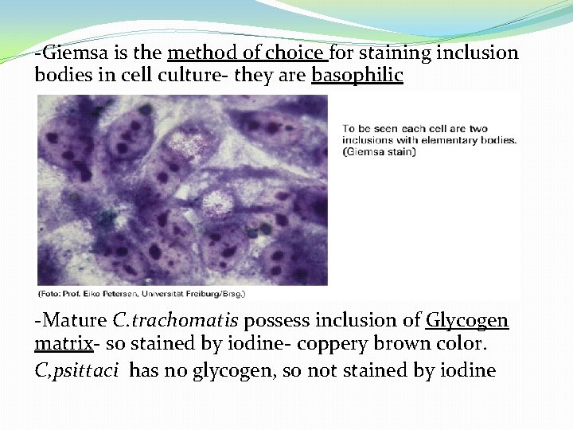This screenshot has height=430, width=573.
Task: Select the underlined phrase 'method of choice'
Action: [245, 53]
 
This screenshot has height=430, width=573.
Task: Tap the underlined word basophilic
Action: [357, 76]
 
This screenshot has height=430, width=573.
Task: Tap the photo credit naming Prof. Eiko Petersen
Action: [142, 294]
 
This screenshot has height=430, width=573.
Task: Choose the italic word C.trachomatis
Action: [176, 321]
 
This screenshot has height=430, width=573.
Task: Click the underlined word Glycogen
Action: [466, 321]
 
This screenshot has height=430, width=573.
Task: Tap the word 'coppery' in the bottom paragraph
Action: [347, 346]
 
